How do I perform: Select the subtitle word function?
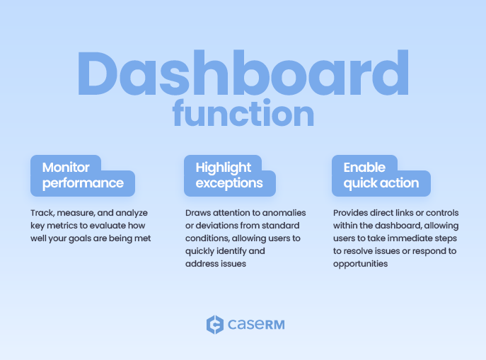(243, 114)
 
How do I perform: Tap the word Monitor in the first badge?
(66, 168)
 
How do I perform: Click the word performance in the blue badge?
(83, 183)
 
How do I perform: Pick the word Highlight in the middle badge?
(223, 168)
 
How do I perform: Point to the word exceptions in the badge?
(229, 183)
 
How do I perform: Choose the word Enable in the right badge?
(364, 168)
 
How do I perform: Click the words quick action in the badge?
(381, 183)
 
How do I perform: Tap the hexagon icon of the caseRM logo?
(214, 325)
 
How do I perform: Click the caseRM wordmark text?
(256, 325)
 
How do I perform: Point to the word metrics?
(61, 226)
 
